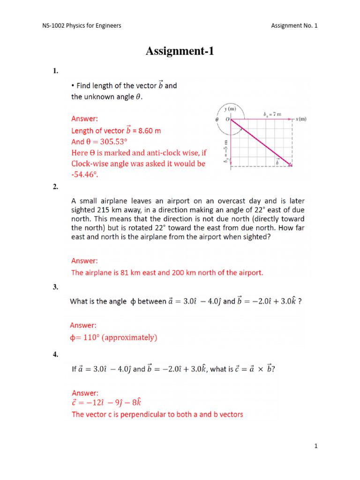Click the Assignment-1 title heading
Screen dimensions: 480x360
pos(180,52)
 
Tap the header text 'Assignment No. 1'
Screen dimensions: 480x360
pos(294,25)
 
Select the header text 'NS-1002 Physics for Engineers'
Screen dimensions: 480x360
pos(82,25)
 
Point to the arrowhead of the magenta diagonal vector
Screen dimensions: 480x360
pos(291,165)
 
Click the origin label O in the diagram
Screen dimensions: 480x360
pos(227,120)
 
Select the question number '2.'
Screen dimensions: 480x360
pos(55,187)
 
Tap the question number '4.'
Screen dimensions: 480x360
pos(55,355)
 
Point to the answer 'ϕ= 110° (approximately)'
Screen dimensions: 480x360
pos(113,337)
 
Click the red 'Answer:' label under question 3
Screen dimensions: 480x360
pos(84,325)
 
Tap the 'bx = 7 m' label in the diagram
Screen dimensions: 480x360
pos(272,114)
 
